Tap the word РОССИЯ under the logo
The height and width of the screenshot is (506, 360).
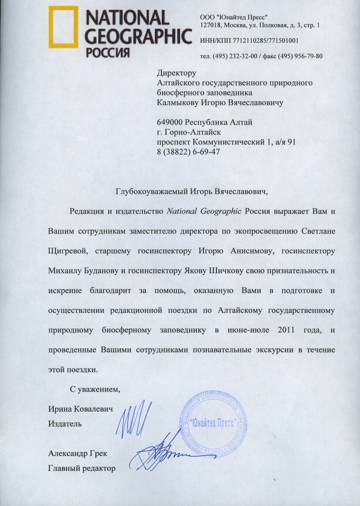[x=108, y=52]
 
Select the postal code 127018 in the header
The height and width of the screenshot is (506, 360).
[x=210, y=25]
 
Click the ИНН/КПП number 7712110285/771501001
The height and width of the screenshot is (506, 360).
[x=266, y=40]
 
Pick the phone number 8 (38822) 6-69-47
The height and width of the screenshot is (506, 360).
[x=189, y=152]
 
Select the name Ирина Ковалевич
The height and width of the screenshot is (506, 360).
[x=81, y=409]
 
